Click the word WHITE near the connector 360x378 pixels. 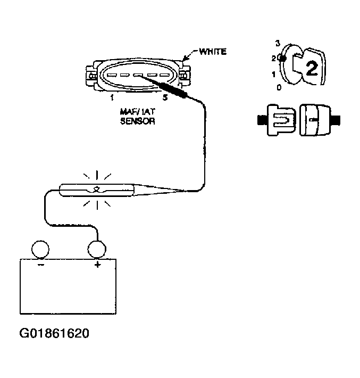point(213,52)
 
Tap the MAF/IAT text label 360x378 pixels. point(138,112)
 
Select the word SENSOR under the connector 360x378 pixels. point(138,121)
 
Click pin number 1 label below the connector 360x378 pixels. point(112,97)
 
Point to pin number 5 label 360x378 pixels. point(165,97)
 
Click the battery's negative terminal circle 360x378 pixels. point(40,249)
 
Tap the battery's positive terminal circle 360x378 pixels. point(97,249)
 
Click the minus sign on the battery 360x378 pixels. point(41,265)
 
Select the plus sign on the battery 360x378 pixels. point(97,265)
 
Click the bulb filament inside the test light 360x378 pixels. point(97,190)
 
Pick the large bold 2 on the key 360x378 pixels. point(312,68)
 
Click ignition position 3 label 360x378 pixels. point(278,44)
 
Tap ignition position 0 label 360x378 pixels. point(279,87)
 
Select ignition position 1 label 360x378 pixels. point(273,75)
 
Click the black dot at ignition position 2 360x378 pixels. point(283,58)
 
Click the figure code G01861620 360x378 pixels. point(54,333)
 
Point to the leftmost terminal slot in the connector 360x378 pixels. point(111,75)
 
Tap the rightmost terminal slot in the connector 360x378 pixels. point(164,75)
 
